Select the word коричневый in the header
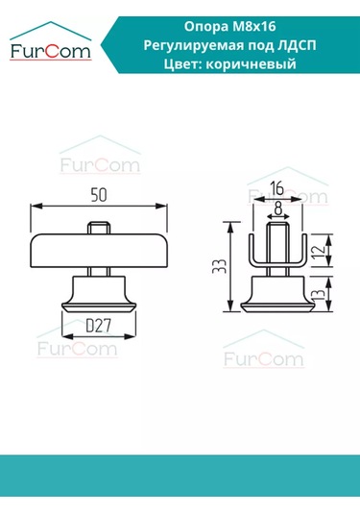[256, 64]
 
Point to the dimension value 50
[99, 195]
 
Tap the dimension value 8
[277, 206]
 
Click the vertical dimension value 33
[221, 265]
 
